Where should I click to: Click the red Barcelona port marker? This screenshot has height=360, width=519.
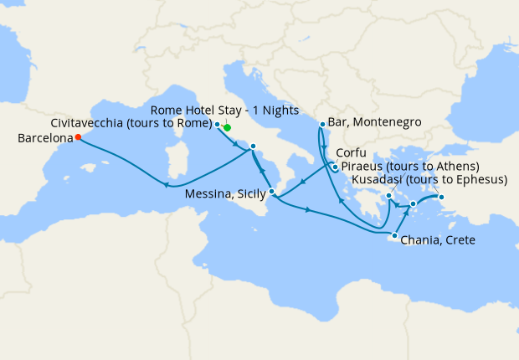78,137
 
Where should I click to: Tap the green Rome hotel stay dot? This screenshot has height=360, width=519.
227,128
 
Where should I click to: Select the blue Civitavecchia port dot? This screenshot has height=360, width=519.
218,125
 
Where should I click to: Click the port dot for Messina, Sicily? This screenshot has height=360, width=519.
272,192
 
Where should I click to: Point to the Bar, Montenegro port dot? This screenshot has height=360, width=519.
322,125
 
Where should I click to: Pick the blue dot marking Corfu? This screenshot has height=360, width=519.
335,167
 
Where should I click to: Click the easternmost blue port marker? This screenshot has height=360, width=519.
443,198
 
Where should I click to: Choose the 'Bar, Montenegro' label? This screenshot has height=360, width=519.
376,122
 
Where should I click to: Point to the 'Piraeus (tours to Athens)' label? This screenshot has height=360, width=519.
412,167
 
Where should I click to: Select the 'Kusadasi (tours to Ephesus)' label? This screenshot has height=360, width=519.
430,179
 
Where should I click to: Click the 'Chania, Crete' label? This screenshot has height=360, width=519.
439,240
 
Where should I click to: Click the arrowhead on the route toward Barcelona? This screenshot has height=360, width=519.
167,186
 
